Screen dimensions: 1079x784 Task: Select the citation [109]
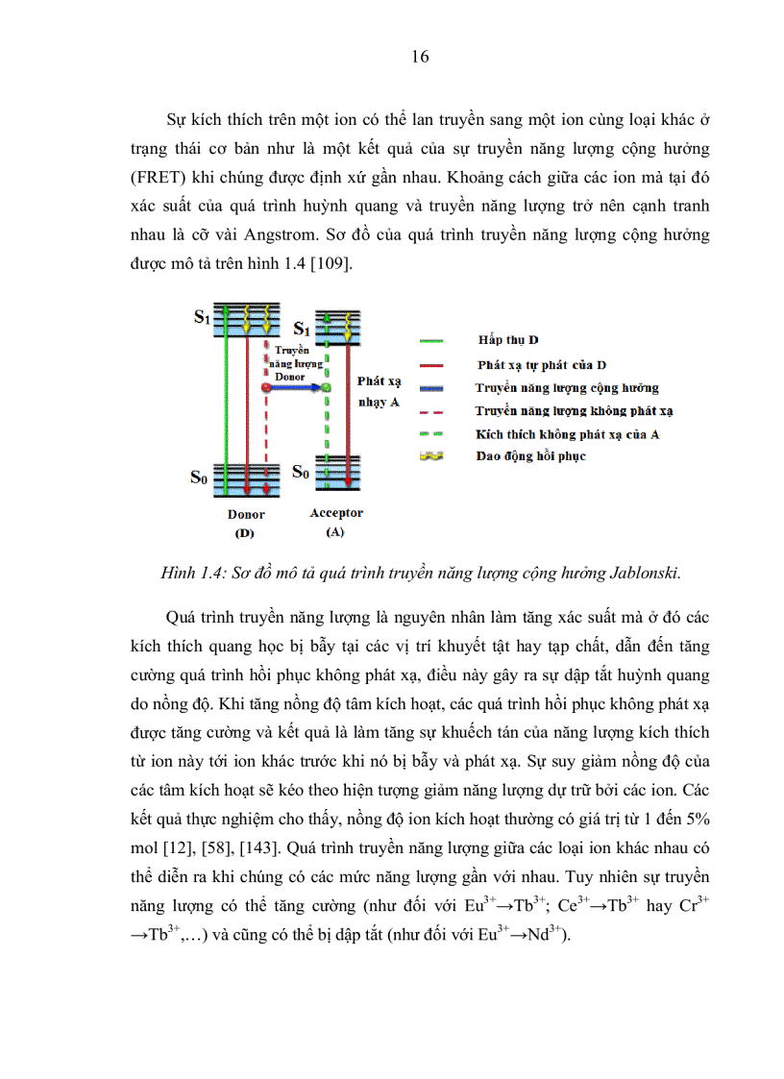click(332, 262)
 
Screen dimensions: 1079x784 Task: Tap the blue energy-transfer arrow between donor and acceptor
click(295, 387)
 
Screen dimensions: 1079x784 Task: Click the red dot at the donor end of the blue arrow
click(265, 387)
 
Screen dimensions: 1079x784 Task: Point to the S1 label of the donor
click(202, 317)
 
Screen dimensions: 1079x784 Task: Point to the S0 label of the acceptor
click(301, 471)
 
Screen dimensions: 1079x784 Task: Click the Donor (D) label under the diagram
click(246, 523)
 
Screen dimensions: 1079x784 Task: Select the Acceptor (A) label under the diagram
click(336, 522)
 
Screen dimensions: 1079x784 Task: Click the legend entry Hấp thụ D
click(507, 341)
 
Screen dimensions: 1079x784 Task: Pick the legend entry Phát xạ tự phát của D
click(542, 365)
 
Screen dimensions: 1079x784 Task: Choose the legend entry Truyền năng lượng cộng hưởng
click(567, 388)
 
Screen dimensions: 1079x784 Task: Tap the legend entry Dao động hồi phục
click(530, 456)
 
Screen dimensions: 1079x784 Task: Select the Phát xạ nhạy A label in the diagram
click(378, 391)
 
